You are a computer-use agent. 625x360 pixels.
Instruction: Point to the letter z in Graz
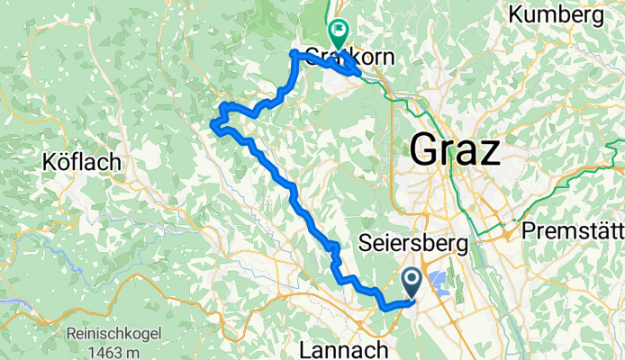[x=488, y=151]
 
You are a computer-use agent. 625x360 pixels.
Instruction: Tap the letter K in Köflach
[x=47, y=163]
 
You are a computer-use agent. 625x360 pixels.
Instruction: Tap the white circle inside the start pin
[x=412, y=280]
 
